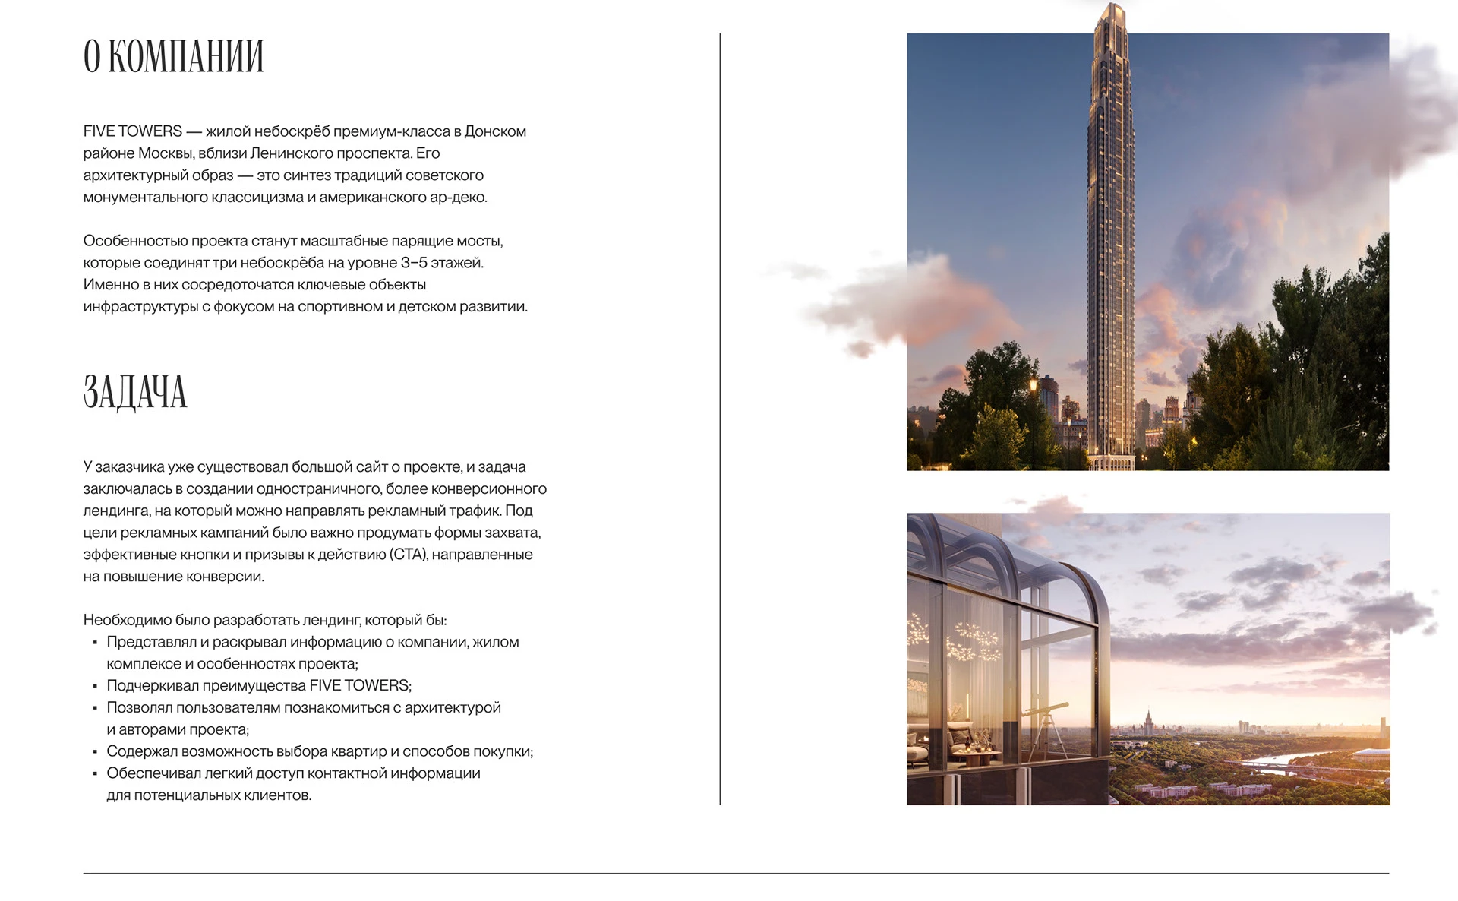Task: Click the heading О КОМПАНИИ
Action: point(173,57)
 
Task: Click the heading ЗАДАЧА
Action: point(135,392)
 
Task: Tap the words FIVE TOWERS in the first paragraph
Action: point(133,131)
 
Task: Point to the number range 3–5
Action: point(414,263)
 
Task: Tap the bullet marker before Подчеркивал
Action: point(95,687)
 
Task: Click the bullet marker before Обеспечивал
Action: point(95,774)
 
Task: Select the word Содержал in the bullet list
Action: point(139,751)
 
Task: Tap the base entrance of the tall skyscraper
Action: point(1111,460)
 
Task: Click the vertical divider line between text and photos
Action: point(720,418)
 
